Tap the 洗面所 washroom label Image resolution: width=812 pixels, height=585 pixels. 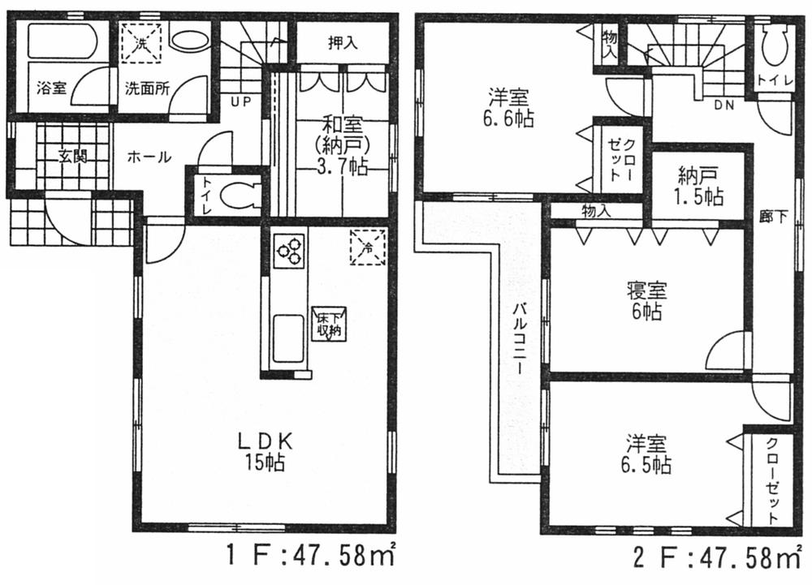point(146,88)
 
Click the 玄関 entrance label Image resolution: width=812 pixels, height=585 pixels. point(71,157)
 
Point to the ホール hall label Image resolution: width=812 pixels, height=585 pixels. point(148,157)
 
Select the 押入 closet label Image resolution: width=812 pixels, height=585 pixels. point(343,44)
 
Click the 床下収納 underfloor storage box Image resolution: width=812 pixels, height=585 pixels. point(329,325)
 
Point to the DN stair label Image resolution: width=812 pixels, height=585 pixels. point(724,105)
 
